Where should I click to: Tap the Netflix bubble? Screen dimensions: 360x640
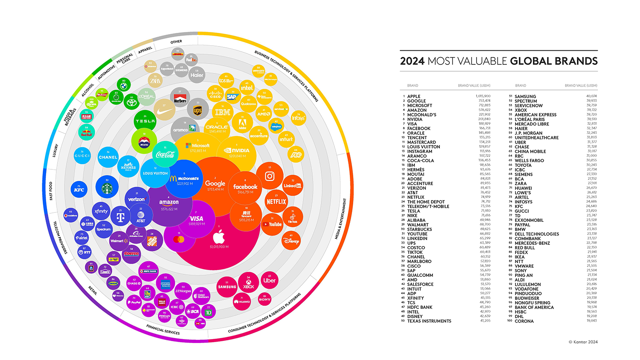click(x=276, y=201)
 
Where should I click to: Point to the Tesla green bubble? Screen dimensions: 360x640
click(x=145, y=121)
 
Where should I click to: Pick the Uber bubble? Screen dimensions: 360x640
click(x=270, y=280)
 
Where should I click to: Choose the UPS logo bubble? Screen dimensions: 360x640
click(x=198, y=110)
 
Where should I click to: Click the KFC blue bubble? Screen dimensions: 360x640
click(x=79, y=189)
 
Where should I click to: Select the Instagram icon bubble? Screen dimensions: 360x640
click(x=270, y=176)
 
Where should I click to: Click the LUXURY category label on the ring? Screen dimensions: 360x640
click(x=55, y=151)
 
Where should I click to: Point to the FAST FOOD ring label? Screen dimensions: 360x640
click(x=51, y=191)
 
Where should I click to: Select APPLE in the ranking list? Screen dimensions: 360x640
click(x=413, y=96)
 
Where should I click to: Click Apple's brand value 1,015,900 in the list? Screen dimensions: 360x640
click(x=483, y=96)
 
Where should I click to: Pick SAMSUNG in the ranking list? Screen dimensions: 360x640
click(x=525, y=96)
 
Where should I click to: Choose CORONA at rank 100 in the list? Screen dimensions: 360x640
click(x=524, y=321)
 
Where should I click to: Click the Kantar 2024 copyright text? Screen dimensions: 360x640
click(x=583, y=342)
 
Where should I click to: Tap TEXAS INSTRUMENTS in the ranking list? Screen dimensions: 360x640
click(x=429, y=321)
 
